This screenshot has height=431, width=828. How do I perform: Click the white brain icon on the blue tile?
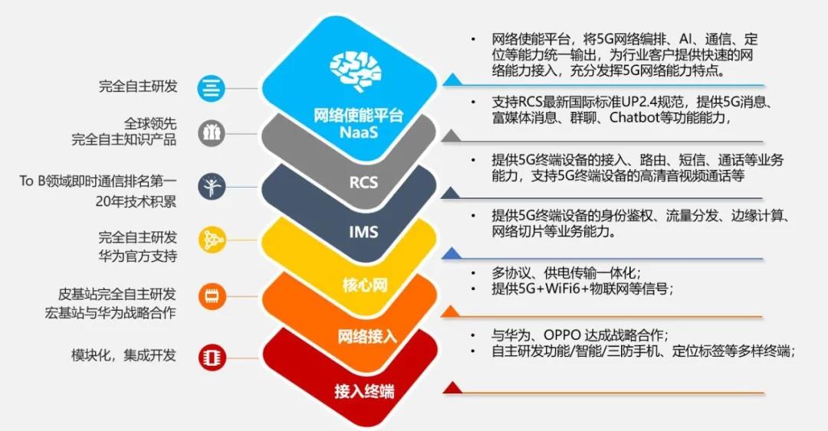[355, 70]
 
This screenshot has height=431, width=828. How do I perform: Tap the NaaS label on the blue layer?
[359, 132]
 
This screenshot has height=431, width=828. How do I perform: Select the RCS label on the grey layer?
[363, 182]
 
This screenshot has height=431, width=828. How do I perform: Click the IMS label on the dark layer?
[363, 232]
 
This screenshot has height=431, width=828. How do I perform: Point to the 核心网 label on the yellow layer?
[364, 286]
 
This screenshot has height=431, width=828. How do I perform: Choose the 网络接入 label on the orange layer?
[367, 336]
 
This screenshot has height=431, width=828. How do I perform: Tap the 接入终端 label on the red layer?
[364, 391]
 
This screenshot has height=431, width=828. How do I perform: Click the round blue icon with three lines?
[212, 88]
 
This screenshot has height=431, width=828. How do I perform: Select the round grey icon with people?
[212, 133]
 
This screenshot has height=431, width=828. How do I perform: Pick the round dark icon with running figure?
[212, 187]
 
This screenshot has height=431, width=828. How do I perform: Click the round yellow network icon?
[212, 240]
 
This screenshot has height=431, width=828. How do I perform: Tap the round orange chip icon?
[212, 296]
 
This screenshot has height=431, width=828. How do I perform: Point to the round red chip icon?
[212, 358]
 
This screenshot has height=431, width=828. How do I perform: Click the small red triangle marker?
[452, 389]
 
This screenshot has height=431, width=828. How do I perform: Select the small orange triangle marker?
[451, 312]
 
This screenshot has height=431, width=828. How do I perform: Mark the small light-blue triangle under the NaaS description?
[453, 80]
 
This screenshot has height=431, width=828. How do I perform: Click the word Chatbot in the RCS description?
[634, 117]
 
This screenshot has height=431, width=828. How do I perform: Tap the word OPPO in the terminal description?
[563, 335]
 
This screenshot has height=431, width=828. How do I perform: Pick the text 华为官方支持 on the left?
[137, 256]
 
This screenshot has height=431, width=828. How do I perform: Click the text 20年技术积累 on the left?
[136, 201]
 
